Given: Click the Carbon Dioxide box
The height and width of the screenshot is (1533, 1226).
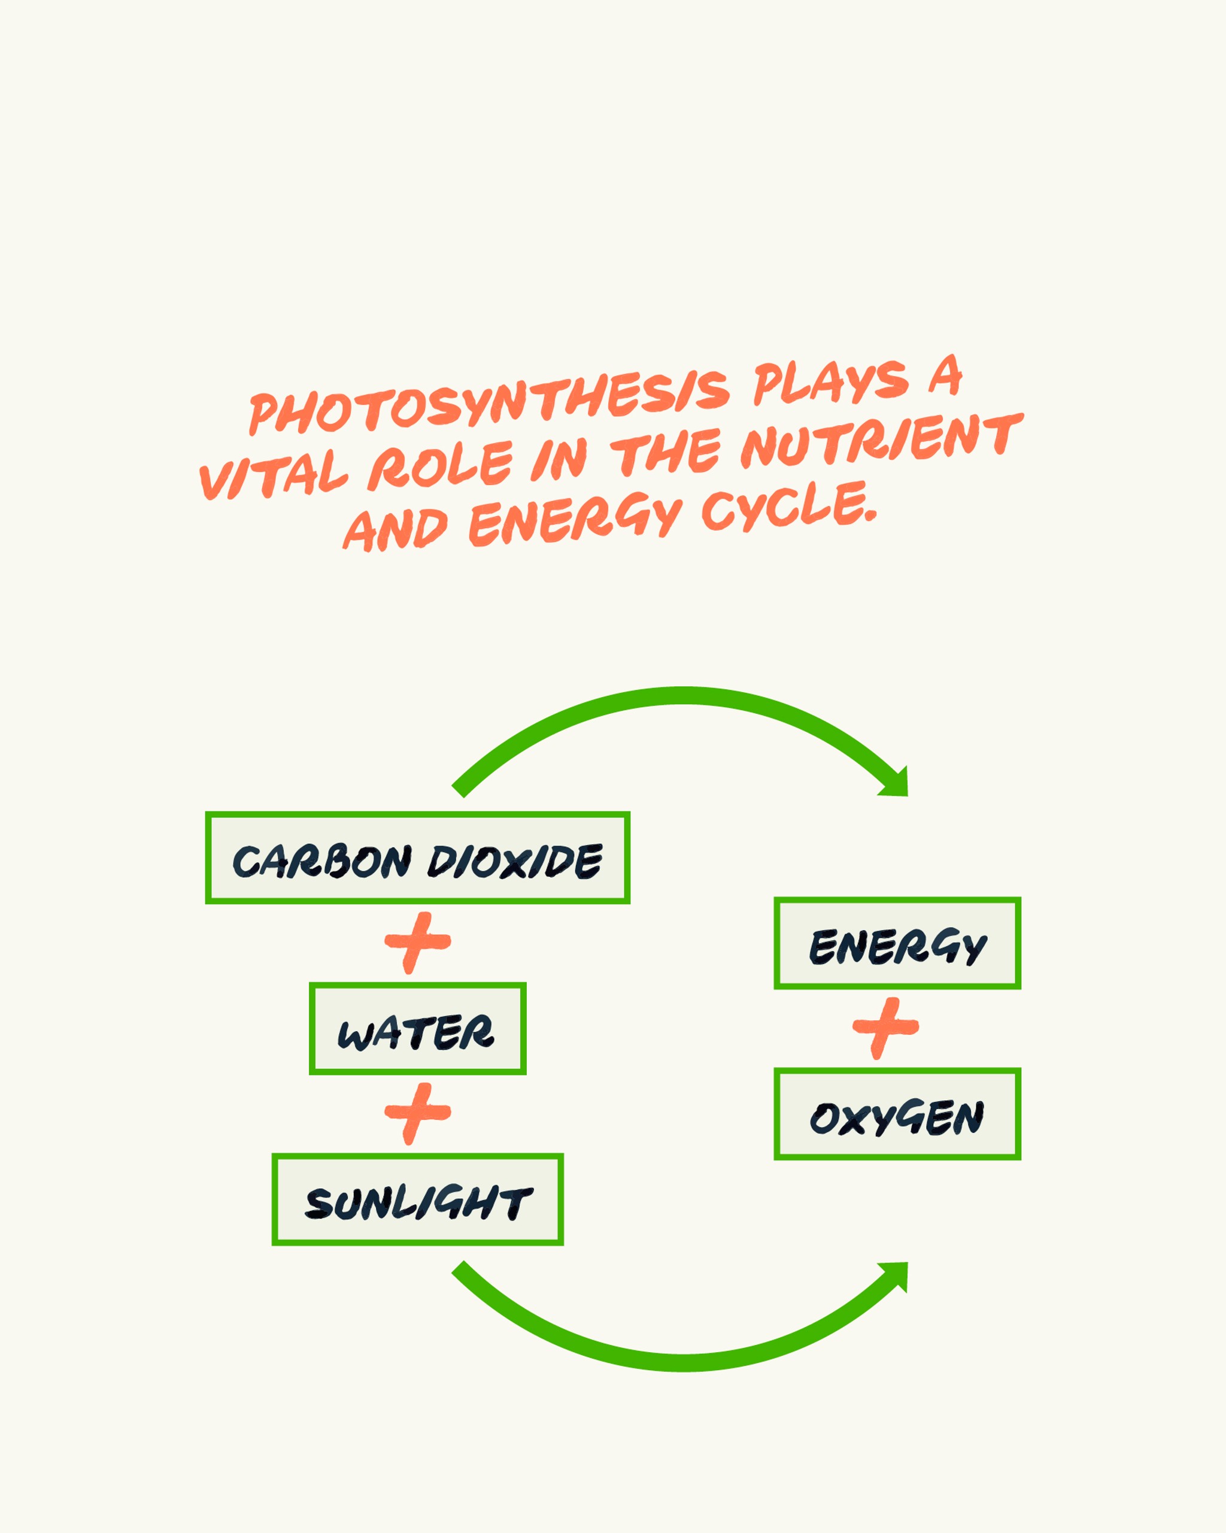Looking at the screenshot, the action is [x=417, y=858].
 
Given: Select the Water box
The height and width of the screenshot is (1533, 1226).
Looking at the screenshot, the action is [x=417, y=1029].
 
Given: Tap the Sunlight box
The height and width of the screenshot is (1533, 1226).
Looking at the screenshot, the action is [x=417, y=1199].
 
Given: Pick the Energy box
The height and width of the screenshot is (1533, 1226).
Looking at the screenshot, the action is [x=897, y=943].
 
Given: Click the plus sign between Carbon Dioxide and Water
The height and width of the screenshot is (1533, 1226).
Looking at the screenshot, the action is [x=417, y=942].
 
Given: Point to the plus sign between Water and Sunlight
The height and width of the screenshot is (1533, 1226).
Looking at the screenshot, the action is [x=417, y=1113].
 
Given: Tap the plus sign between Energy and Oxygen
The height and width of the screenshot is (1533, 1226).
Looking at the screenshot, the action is [x=885, y=1028].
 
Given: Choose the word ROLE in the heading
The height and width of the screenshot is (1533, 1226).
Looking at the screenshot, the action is [x=441, y=465].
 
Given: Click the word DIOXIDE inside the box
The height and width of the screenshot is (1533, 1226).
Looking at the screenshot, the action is [x=515, y=861].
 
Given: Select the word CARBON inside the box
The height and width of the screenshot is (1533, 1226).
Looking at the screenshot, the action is [x=322, y=862].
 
